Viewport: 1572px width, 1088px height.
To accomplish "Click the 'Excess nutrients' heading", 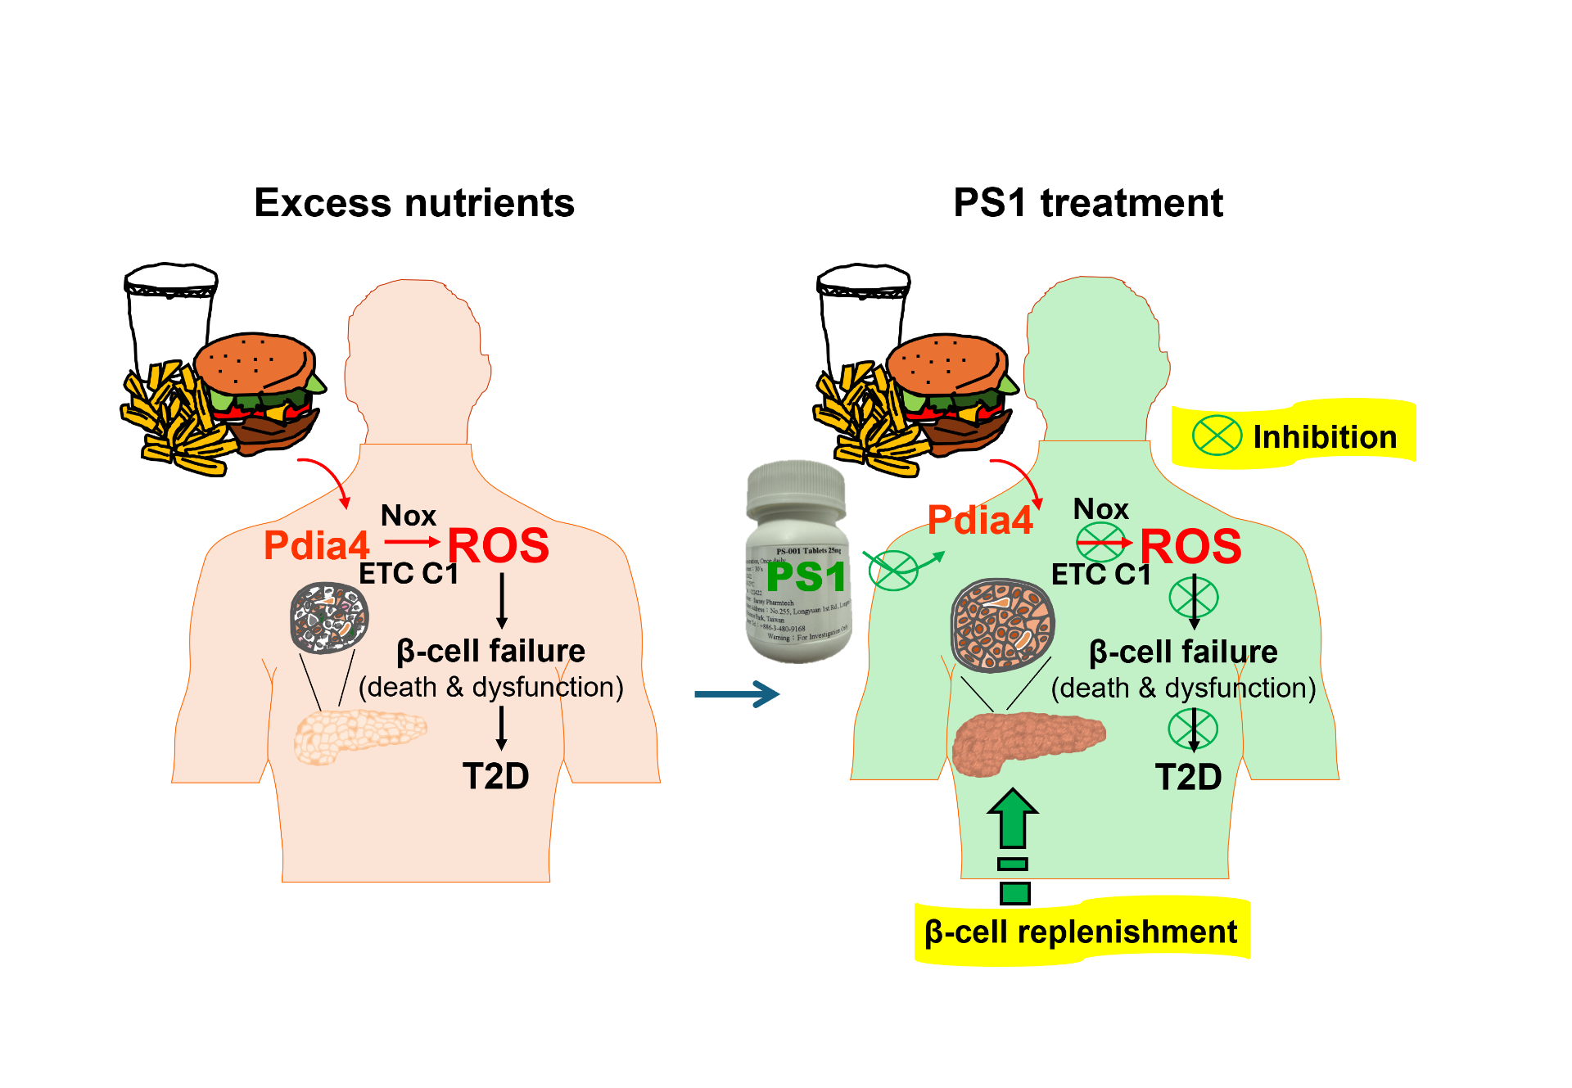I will pyautogui.click(x=414, y=203).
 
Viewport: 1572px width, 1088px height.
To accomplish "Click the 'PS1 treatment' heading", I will pyautogui.click(x=1088, y=203).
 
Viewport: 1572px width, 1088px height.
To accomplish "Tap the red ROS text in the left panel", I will pyautogui.click(x=498, y=545).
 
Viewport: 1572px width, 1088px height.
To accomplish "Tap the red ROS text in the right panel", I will pyautogui.click(x=1190, y=546).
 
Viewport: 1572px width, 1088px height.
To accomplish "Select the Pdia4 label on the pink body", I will pyautogui.click(x=316, y=545).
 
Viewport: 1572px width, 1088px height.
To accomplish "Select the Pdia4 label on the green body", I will pyautogui.click(x=980, y=520).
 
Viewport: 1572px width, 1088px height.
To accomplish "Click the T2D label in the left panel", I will pyautogui.click(x=495, y=776).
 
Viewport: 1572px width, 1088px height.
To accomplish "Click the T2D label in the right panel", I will pyautogui.click(x=1188, y=777).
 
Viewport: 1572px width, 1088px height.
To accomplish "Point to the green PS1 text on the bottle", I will pyautogui.click(x=806, y=577).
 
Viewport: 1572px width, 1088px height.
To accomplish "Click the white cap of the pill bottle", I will pyautogui.click(x=796, y=490).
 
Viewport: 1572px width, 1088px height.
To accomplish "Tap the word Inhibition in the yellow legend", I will pyautogui.click(x=1325, y=437).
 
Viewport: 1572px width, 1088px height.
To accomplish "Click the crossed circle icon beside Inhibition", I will pyautogui.click(x=1217, y=436).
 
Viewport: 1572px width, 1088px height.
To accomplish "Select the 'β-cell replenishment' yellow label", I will pyautogui.click(x=1081, y=932).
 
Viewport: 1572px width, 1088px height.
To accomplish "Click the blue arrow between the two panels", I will pyautogui.click(x=736, y=694).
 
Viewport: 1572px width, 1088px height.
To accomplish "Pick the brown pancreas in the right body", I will pyautogui.click(x=1028, y=739).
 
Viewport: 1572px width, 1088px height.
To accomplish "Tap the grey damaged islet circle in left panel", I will pyautogui.click(x=329, y=617).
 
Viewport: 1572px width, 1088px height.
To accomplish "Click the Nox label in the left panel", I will pyautogui.click(x=409, y=516).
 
